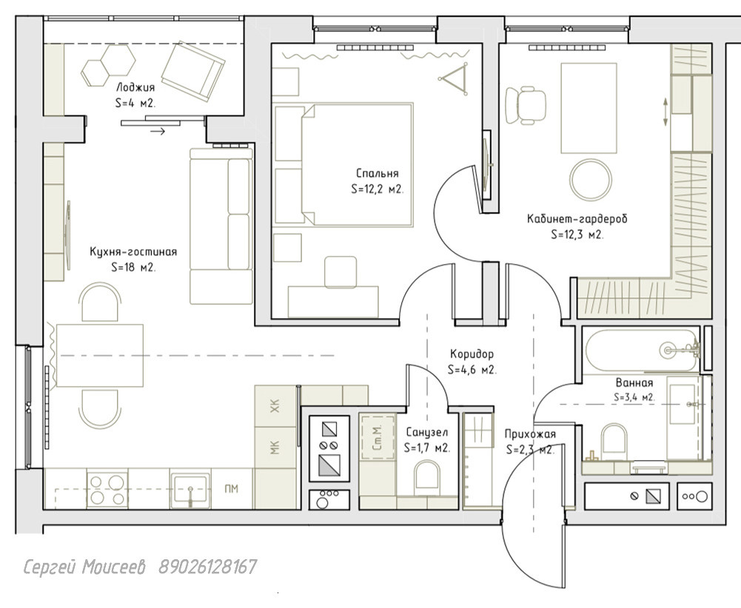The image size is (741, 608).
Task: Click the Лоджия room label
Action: tap(135, 87)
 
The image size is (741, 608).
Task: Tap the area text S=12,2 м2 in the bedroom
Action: tap(378, 189)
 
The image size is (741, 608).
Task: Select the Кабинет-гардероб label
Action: tap(577, 219)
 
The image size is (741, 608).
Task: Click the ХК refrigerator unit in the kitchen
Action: tap(275, 406)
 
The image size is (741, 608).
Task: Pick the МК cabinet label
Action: tap(275, 447)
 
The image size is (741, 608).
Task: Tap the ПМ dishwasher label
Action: tap(231, 489)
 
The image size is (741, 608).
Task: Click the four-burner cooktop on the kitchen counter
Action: tap(107, 490)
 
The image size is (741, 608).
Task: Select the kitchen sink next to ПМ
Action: tap(190, 490)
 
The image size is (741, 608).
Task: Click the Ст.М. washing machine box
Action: tap(377, 437)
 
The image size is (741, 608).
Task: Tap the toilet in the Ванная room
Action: tap(614, 442)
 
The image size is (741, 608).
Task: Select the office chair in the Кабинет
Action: tap(526, 105)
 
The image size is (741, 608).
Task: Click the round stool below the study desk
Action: tap(590, 180)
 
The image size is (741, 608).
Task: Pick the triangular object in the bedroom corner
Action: tap(454, 78)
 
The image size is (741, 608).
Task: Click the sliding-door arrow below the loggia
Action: tap(158, 131)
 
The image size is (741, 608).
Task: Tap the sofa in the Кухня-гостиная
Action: tap(221, 226)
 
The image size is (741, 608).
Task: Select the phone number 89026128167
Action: tap(208, 567)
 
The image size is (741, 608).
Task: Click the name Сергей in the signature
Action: tap(50, 567)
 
